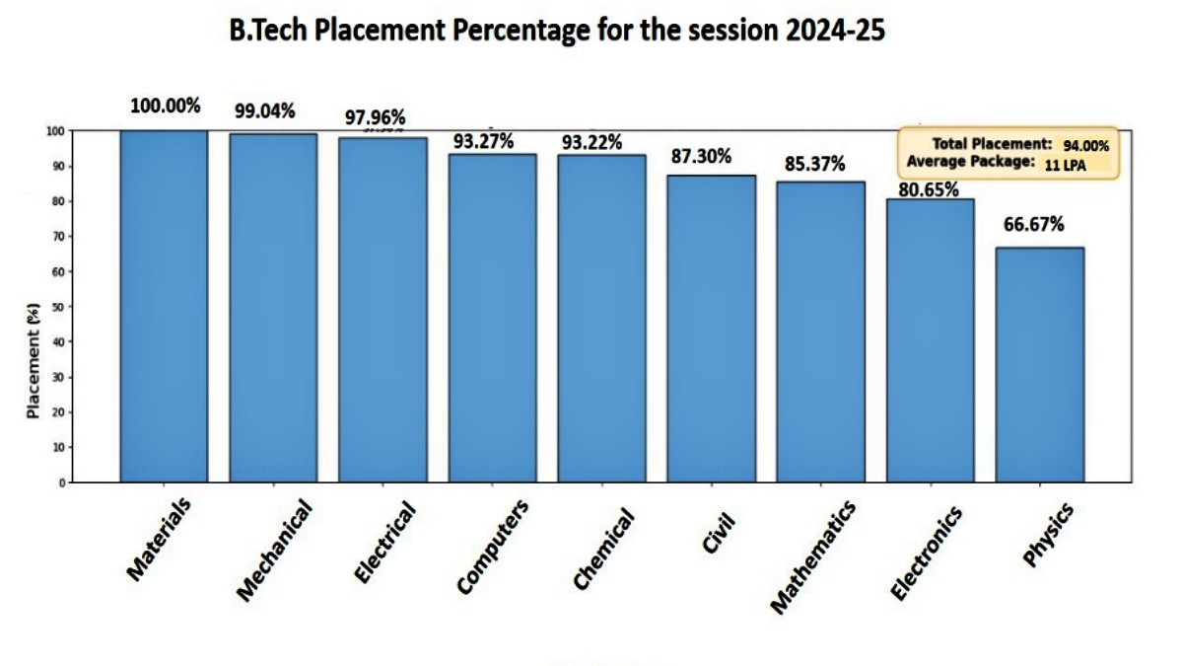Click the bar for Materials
pos(164,306)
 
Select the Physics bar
pos(1039,365)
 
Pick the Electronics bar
pos(930,340)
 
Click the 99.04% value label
pos(264,111)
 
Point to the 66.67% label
pos(1034,225)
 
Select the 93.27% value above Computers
pos(483,141)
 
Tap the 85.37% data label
pos(815,164)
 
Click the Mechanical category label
pos(276,549)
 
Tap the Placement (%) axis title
pos(35,361)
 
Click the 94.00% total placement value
pos(1085,146)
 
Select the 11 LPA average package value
pos(1066,167)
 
